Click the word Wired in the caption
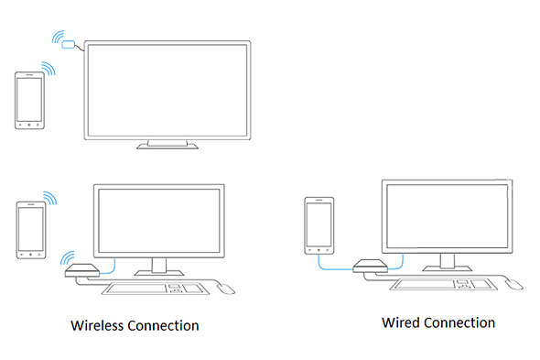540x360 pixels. coord(403,322)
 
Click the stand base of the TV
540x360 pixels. coord(166,145)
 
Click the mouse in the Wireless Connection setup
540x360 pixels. coord(225,289)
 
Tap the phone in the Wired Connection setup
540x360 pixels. coord(318,224)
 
